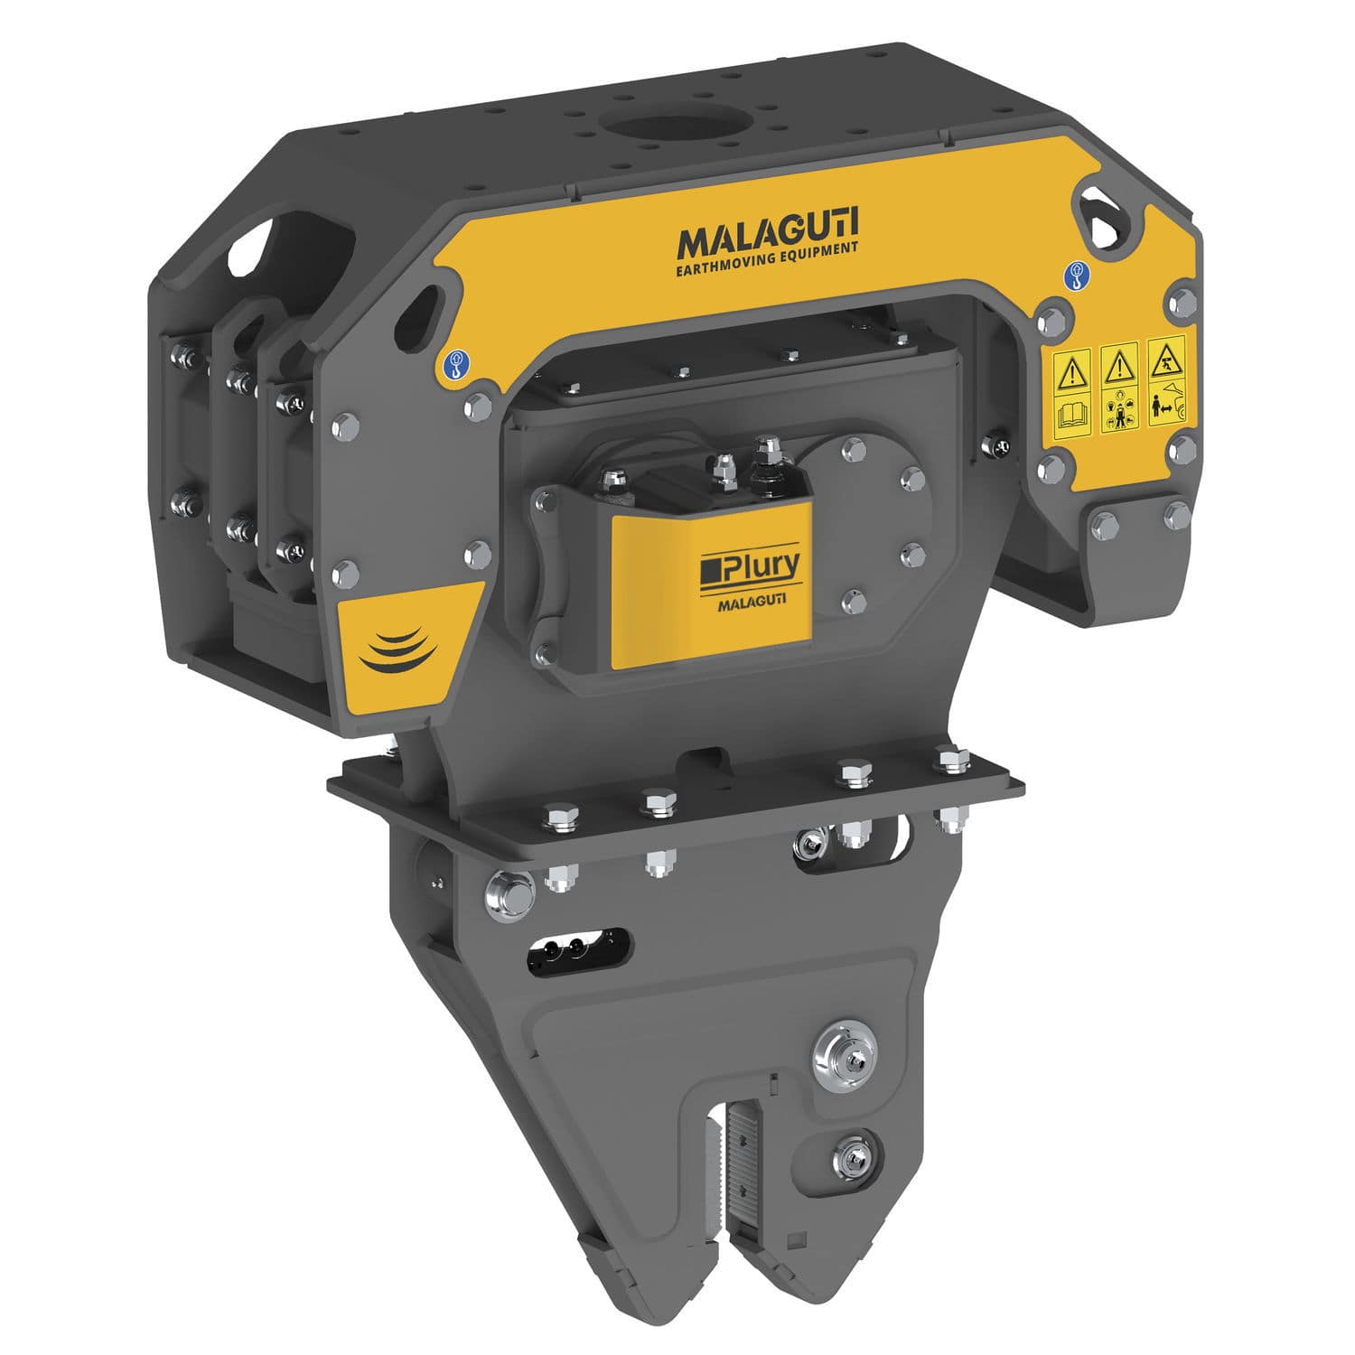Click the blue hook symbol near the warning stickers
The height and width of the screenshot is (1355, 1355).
1077,273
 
